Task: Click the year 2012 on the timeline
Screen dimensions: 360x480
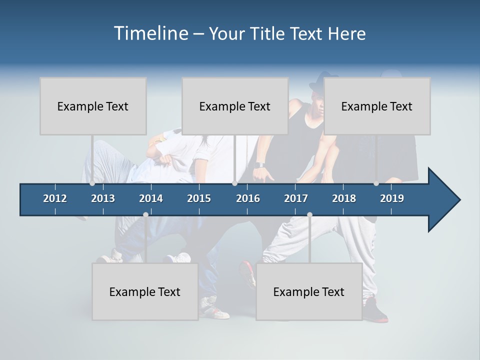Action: tap(55, 198)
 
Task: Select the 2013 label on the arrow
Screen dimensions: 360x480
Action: tap(103, 198)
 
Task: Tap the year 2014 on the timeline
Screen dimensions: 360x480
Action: tap(151, 198)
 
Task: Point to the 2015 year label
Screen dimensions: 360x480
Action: tap(199, 198)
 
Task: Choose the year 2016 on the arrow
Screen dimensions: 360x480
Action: tap(248, 198)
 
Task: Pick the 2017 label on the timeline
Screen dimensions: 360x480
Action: tap(296, 198)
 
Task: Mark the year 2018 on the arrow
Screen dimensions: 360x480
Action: tap(344, 198)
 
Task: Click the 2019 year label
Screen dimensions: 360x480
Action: tap(392, 198)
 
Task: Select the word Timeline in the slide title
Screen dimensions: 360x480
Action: tap(150, 33)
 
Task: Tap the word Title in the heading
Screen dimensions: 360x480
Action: tap(268, 34)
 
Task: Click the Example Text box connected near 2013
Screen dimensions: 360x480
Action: tap(93, 106)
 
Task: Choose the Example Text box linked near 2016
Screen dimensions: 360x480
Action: tap(235, 106)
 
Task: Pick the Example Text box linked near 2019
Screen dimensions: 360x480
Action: tap(377, 106)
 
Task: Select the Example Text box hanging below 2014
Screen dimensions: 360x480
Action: tap(145, 291)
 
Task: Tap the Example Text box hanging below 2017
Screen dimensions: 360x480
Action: tap(309, 291)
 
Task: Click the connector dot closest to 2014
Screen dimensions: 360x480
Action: tap(145, 214)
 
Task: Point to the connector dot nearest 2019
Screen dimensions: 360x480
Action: tap(376, 183)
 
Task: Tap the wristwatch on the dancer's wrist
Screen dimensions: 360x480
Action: tap(258, 165)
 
